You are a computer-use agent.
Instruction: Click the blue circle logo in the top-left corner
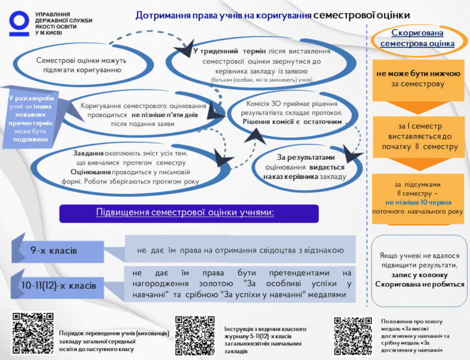click(19, 22)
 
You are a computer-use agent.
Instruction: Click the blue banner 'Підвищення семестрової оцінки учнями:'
click(188, 213)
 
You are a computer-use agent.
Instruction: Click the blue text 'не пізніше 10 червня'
click(418, 203)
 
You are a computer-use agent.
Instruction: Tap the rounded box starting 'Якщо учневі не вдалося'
click(418, 269)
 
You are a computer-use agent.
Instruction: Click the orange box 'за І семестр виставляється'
click(419, 136)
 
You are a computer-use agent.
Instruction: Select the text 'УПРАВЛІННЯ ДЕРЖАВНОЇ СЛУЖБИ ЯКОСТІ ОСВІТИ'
click(64, 23)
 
